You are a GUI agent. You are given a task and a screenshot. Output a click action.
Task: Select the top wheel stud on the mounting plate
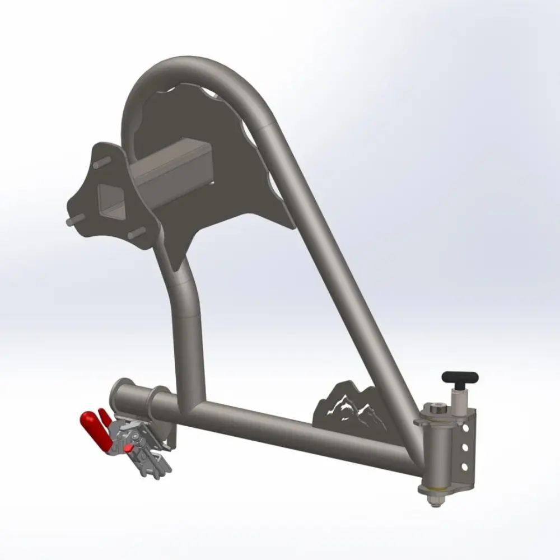tap(100, 166)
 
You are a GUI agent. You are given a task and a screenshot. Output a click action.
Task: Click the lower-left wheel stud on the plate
tap(71, 221)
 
